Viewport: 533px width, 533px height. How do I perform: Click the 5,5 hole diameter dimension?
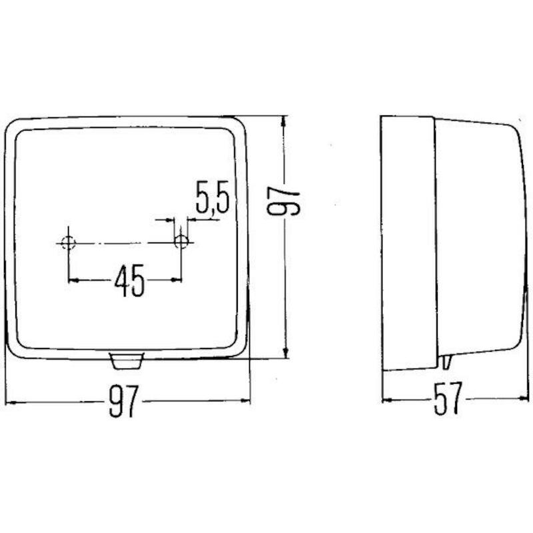pos(213,197)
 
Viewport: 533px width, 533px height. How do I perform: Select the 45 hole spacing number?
pos(129,280)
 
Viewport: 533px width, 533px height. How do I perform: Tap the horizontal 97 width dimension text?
pos(124,401)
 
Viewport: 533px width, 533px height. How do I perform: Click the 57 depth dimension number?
pos(448,398)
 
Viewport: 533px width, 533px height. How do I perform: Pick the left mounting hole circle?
pos(69,243)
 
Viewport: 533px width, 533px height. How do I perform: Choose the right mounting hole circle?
pos(181,243)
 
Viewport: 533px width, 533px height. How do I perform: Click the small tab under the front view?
pos(127,360)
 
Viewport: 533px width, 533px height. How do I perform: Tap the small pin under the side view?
pos(446,362)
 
